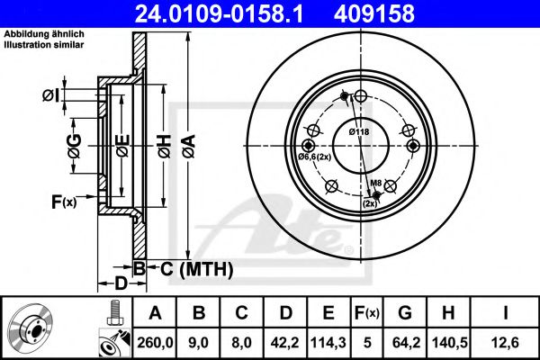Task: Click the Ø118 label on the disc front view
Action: [360, 132]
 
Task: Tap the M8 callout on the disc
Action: [377, 184]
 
